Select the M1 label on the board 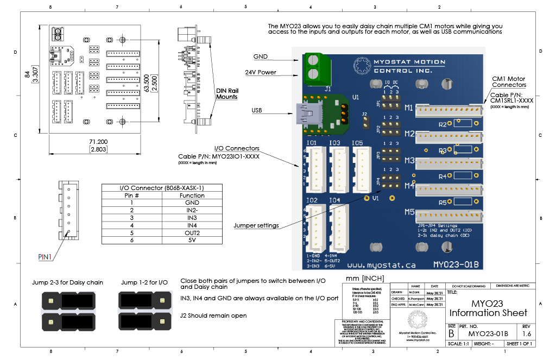point(409,108)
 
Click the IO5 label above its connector point(357,143)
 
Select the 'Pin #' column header point(132,195)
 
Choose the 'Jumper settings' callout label point(256,225)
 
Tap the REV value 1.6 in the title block point(526,333)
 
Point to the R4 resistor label point(442,176)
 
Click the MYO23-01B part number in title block point(488,333)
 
